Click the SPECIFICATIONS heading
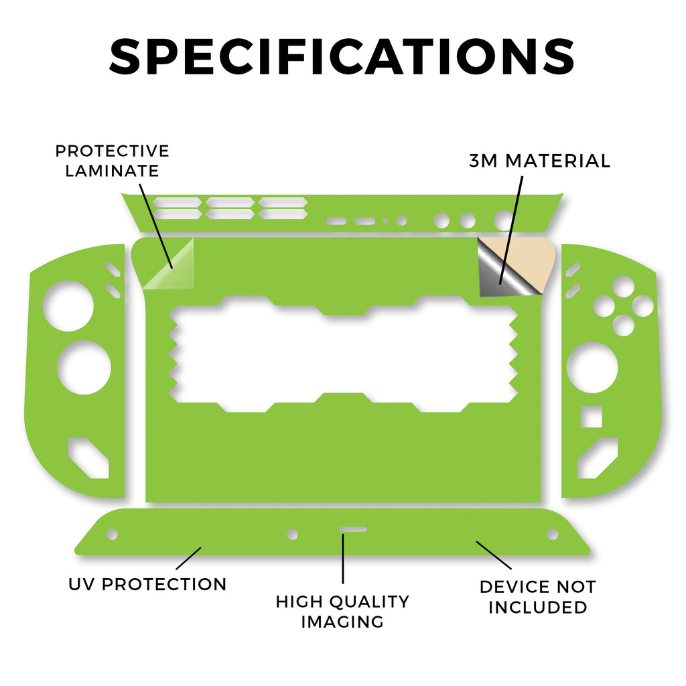342,57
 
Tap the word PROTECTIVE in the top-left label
112,151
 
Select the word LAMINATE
112,171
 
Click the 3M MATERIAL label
539,161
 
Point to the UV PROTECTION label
147,584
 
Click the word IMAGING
342,622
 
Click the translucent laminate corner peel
169,264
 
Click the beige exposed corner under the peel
529,261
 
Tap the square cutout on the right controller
592,417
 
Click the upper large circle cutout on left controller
68,305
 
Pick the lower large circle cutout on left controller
84,368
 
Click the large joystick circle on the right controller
592,368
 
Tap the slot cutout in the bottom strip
352,529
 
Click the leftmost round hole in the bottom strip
113,534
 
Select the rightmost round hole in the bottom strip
553,534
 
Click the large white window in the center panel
344,354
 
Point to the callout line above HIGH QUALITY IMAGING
343,559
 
